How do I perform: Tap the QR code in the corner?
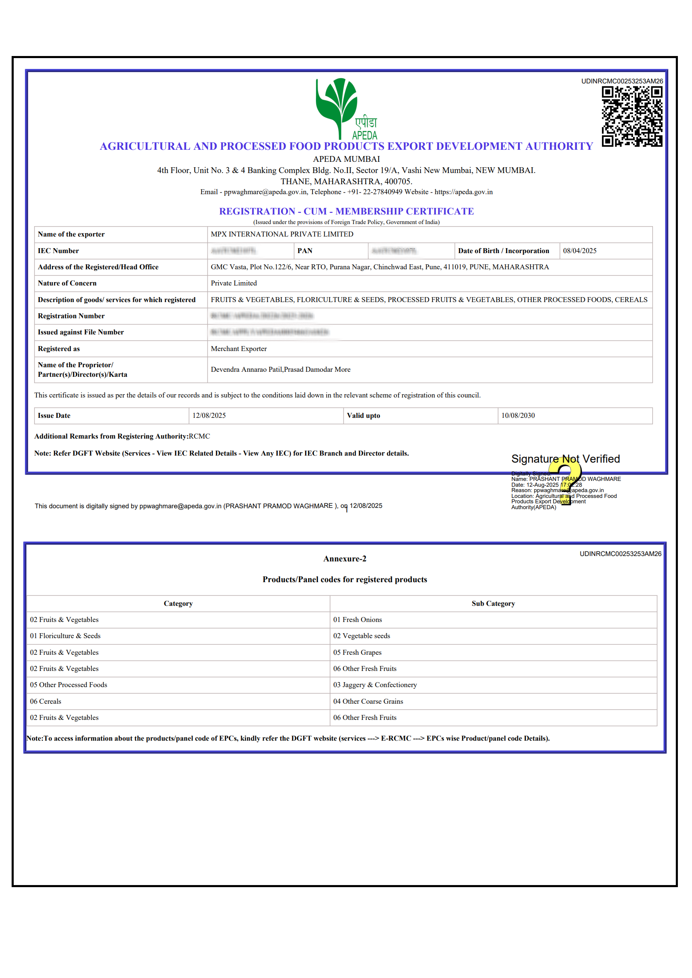pos(632,116)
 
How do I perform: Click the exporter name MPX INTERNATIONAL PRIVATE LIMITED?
pos(282,234)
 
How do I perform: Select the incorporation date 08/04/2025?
pos(580,251)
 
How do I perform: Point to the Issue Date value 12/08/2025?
pos(209,415)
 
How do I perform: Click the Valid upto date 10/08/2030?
pos(518,415)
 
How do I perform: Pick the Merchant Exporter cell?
pos(239,349)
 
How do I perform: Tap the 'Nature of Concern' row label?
pos(67,283)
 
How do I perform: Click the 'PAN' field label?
pos(305,251)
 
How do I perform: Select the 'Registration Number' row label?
pos(71,316)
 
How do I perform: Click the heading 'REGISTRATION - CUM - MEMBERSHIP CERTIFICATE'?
pos(346,211)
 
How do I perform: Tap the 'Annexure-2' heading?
pos(345,559)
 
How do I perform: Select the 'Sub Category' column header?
pos(493,604)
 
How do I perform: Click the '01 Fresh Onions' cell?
pos(357,620)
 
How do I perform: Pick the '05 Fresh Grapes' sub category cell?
pos(357,653)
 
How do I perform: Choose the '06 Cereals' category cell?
pos(46,702)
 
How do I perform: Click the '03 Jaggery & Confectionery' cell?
pos(375,685)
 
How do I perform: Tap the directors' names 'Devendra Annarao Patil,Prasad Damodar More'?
pos(280,370)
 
